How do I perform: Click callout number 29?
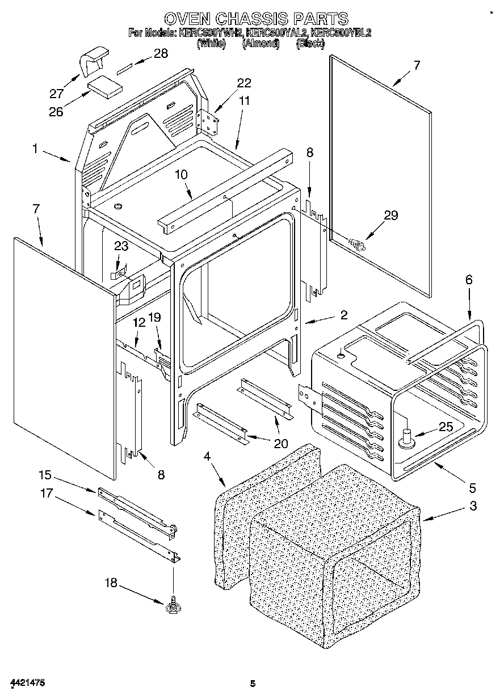[390, 216]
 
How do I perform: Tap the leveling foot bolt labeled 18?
[172, 607]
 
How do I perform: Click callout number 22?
[243, 83]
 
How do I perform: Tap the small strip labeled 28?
[125, 71]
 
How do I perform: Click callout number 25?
[446, 427]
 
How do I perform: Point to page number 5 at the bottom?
[253, 684]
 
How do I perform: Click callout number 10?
[180, 175]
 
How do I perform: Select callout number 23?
[121, 246]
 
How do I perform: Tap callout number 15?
[45, 474]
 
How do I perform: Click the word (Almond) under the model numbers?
[261, 43]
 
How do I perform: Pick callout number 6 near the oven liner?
[469, 279]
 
